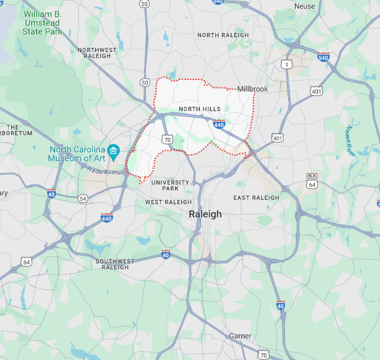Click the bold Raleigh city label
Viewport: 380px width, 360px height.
205,214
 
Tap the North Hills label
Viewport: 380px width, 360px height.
199,109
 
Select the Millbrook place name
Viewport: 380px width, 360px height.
252,89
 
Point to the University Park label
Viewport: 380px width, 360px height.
170,185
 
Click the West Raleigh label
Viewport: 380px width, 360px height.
168,202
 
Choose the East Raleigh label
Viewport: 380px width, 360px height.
256,198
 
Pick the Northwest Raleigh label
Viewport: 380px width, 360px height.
97,53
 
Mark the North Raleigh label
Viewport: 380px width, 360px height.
223,35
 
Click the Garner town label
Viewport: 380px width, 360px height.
240,336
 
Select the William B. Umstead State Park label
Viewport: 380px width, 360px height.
42,22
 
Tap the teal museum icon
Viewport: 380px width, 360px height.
114,151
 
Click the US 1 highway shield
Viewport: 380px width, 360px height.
286,64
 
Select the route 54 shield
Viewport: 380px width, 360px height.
83,198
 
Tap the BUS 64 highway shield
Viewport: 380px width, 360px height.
312,181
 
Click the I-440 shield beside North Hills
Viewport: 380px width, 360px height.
219,124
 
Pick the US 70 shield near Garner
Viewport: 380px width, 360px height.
264,355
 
